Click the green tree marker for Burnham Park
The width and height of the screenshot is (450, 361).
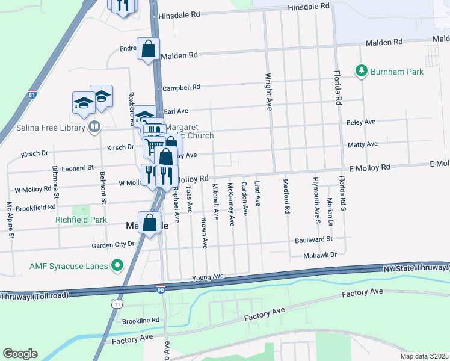pyautogui.click(x=361, y=71)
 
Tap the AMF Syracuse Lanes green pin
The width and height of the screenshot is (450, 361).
pyautogui.click(x=118, y=265)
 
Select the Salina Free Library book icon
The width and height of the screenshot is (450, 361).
pyautogui.click(x=94, y=127)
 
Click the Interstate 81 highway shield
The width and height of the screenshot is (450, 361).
pyautogui.click(x=32, y=94)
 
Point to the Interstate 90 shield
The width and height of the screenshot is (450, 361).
pyautogui.click(x=161, y=289)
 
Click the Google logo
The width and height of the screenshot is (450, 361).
pyautogui.click(x=20, y=354)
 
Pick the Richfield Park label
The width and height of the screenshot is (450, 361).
pyautogui.click(x=81, y=220)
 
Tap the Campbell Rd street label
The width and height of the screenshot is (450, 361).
pyautogui.click(x=180, y=87)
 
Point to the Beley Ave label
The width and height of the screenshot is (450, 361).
pyautogui.click(x=361, y=122)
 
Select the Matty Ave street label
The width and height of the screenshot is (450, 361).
pyautogui.click(x=362, y=144)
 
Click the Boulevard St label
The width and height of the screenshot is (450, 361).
pyautogui.click(x=313, y=239)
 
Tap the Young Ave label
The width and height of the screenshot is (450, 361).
pyautogui.click(x=208, y=277)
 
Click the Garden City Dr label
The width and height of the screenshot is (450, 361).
pyautogui.click(x=112, y=245)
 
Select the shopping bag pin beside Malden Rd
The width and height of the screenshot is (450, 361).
pyautogui.click(x=148, y=49)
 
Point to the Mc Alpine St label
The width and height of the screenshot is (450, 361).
pyautogui.click(x=10, y=221)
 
